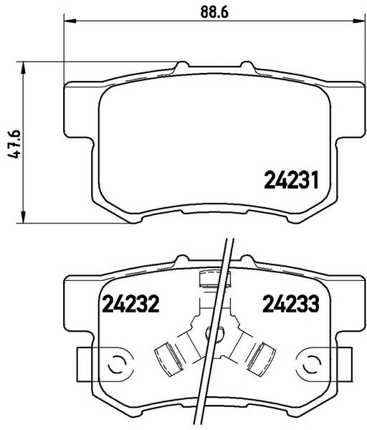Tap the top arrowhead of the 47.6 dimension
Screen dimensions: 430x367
25,68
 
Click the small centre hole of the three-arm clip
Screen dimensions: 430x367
210,334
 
